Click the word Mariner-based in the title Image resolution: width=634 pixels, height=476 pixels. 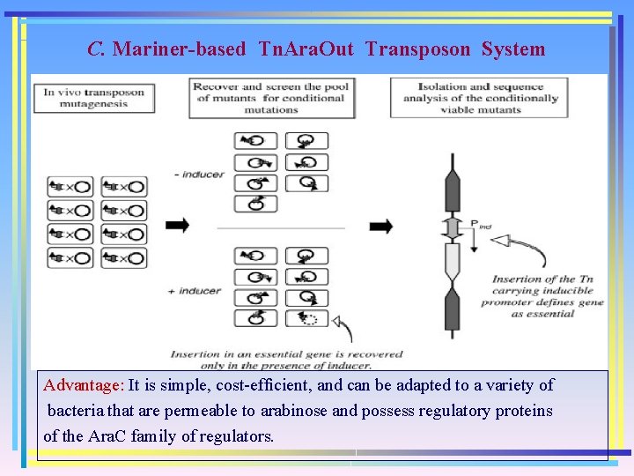click(179, 49)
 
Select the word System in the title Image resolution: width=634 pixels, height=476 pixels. click(513, 49)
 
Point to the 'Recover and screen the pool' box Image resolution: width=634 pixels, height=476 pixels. click(271, 98)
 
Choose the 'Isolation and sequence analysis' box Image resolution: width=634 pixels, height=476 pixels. click(480, 98)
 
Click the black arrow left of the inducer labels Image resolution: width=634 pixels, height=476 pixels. click(177, 226)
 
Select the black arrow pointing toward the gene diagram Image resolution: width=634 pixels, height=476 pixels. click(380, 227)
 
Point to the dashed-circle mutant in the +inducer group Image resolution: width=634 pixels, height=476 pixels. click(307, 318)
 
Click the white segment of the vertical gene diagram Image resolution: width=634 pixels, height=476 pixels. click(453, 262)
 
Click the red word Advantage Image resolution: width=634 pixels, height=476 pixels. click(85, 385)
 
